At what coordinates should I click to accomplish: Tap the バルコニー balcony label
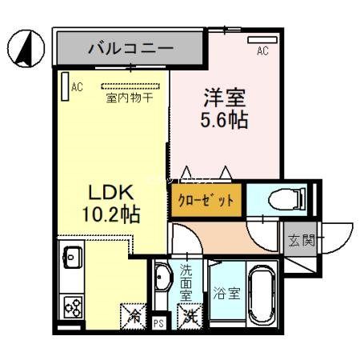130,48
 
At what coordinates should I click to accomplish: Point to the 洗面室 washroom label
186,282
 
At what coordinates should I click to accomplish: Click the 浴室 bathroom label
226,294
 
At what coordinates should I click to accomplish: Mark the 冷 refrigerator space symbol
133,314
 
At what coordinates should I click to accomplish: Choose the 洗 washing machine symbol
189,316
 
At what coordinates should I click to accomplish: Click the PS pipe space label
159,323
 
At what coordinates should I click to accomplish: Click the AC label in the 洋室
262,51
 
